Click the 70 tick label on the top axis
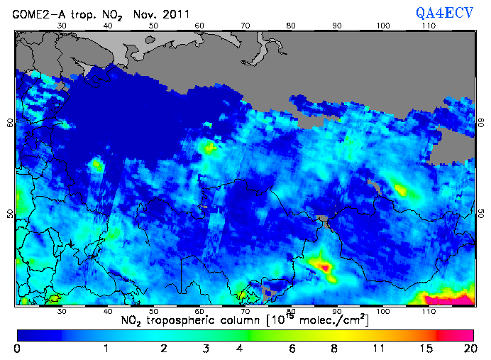point(245,26)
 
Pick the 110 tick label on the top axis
point(429,26)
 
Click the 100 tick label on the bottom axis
point(383,311)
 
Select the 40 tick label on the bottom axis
point(107,311)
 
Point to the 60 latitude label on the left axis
point(9,122)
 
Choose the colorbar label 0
point(17,349)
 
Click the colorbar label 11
point(380,349)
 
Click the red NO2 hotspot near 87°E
point(324,267)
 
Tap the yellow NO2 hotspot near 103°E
point(401,190)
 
